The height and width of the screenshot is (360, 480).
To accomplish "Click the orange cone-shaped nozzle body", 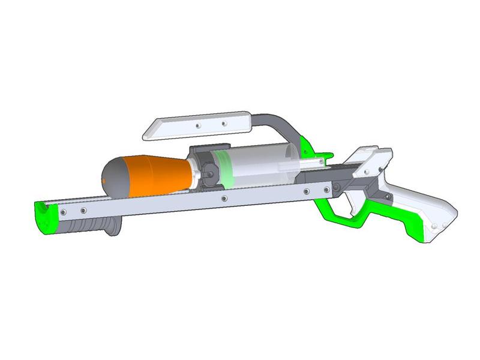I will (x=150, y=175).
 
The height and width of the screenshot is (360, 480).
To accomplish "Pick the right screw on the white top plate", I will (x=224, y=124).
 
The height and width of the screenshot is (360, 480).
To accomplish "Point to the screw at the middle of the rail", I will (x=223, y=197).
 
